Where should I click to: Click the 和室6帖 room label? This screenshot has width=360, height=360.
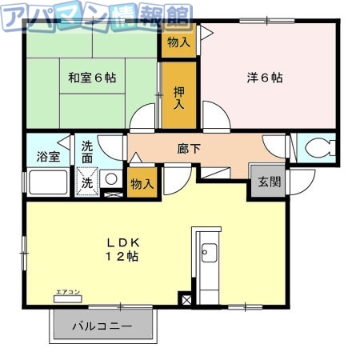pyautogui.click(x=91, y=78)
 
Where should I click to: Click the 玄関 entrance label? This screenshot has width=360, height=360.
pyautogui.click(x=269, y=181)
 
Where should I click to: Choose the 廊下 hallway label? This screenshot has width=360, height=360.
pyautogui.click(x=189, y=147)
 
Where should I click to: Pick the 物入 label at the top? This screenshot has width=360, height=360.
pyautogui.click(x=178, y=42)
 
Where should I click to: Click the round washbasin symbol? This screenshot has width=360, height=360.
pyautogui.click(x=112, y=179)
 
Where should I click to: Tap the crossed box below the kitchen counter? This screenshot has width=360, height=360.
pyautogui.click(x=186, y=300)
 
